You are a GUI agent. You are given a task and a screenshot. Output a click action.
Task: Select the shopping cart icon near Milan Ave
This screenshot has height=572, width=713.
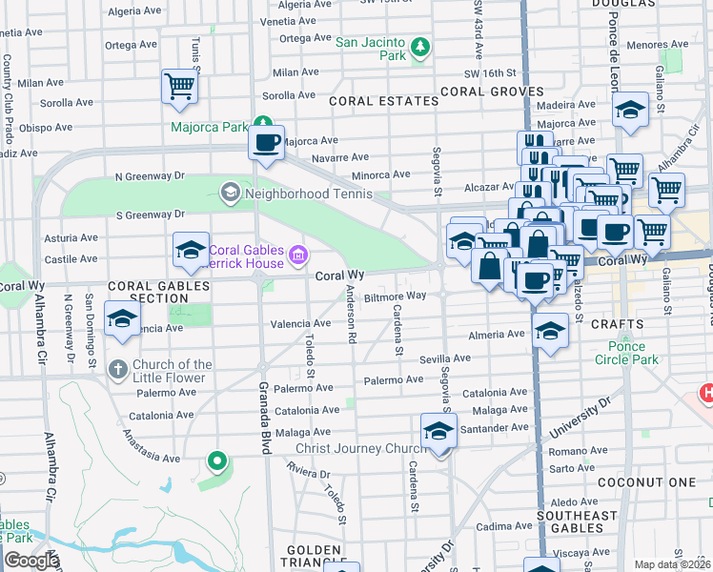click(x=179, y=87)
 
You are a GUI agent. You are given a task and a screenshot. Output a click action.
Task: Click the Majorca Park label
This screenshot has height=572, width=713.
click(x=209, y=127)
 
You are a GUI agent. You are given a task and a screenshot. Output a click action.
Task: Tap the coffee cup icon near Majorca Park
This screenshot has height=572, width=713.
click(x=266, y=143)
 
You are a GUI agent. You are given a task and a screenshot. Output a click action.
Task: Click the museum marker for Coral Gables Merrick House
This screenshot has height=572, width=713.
click(x=297, y=255)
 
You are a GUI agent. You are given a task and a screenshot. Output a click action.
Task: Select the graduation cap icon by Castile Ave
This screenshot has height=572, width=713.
click(x=191, y=251)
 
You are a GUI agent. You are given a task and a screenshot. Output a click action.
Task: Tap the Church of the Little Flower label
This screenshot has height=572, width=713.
click(x=173, y=371)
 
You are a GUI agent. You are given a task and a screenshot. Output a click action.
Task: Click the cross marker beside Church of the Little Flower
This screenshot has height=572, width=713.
click(x=117, y=369)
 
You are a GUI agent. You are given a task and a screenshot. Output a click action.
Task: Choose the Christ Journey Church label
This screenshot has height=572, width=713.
click(x=357, y=448)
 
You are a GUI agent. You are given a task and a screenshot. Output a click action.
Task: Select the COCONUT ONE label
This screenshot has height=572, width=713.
click(x=647, y=482)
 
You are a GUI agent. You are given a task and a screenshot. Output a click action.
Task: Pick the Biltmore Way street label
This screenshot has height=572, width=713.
click(x=395, y=296)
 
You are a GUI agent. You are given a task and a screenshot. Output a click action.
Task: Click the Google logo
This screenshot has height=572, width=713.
click(x=32, y=561)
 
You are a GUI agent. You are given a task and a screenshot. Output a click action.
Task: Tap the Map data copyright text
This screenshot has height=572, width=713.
click(x=673, y=564)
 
